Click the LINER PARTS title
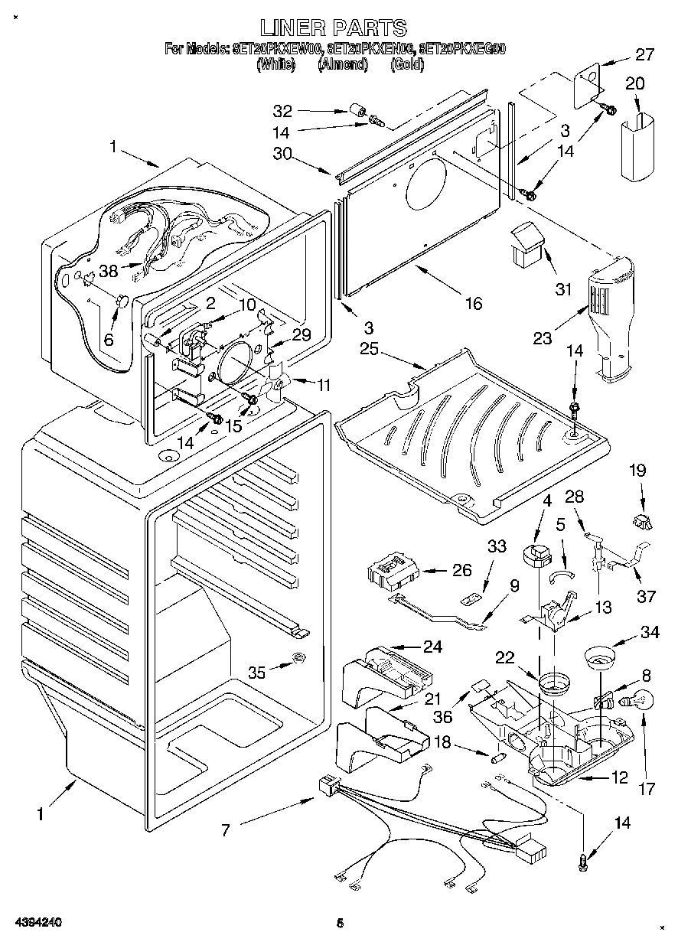pos(333,28)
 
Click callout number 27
pos(645,54)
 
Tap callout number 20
pos(635,83)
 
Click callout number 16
pos(473,304)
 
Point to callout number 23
pos(541,337)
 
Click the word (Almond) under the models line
pos(342,65)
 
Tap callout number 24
pos(432,647)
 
